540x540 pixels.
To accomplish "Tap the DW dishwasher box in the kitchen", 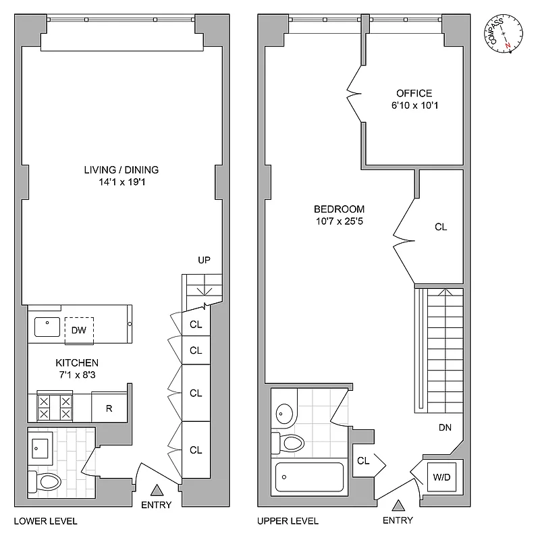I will pos(78,329).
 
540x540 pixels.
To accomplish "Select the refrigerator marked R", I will pos(109,408).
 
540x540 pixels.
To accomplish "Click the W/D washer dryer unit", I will pos(441,478).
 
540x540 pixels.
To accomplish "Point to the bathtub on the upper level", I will pos(309,477).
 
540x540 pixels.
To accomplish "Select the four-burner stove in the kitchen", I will pos(54,408).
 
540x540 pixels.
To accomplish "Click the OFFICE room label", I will pos(414,93).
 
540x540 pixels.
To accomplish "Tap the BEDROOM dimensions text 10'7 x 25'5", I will pos(339,221).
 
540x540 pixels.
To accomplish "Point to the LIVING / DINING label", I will pos(122,169).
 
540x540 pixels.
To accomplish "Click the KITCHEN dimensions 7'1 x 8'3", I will pos(77,375).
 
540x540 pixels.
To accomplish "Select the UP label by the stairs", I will pos(205,260).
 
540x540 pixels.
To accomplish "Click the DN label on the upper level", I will pos(445,427).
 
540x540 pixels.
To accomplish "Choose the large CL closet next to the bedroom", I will pos(440,227).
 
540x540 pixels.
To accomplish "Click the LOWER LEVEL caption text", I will pos(45,520).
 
